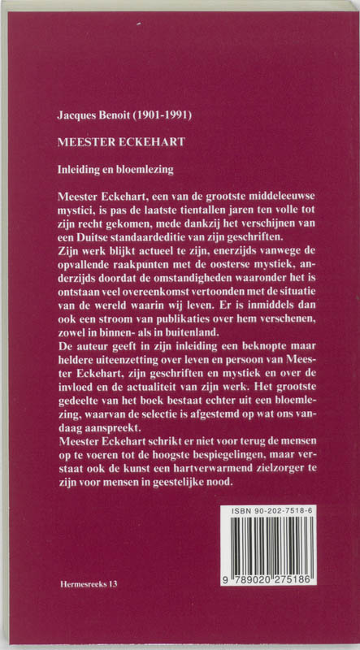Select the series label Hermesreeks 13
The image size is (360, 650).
(x=89, y=583)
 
